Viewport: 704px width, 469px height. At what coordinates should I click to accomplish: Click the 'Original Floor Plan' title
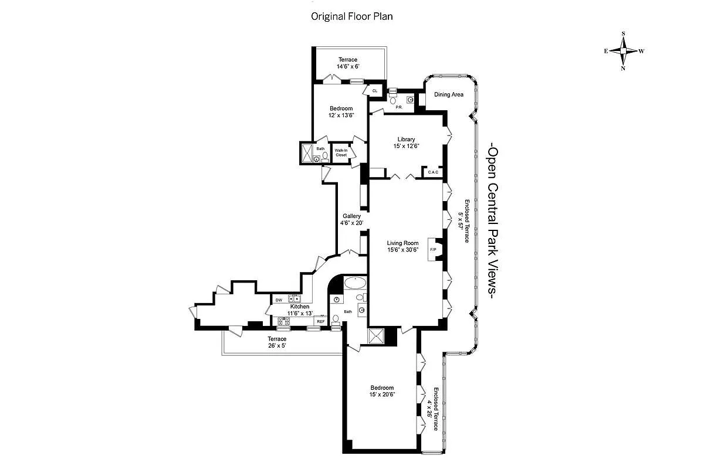tap(351, 16)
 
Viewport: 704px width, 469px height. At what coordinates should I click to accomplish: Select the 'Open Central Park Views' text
tap(493, 222)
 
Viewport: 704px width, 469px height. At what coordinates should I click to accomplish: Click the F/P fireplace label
tap(434, 250)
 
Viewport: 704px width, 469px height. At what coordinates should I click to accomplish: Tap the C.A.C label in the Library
tap(434, 172)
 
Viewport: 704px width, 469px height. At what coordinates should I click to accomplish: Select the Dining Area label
tap(449, 94)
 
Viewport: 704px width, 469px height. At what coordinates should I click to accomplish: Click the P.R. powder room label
tap(398, 107)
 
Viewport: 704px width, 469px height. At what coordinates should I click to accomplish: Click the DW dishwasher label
tap(279, 300)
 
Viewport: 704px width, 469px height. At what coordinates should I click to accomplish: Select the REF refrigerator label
tap(321, 321)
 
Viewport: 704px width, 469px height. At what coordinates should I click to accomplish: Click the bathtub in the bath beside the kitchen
tap(354, 283)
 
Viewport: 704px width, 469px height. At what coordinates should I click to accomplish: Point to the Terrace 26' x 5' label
tap(277, 342)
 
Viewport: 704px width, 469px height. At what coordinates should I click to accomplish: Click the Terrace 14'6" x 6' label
tap(347, 63)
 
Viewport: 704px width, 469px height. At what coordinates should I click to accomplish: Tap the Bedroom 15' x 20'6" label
tap(382, 391)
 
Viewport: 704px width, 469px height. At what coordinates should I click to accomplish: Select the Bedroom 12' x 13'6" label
tap(341, 111)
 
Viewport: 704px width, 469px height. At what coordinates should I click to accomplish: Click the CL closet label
tap(374, 91)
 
